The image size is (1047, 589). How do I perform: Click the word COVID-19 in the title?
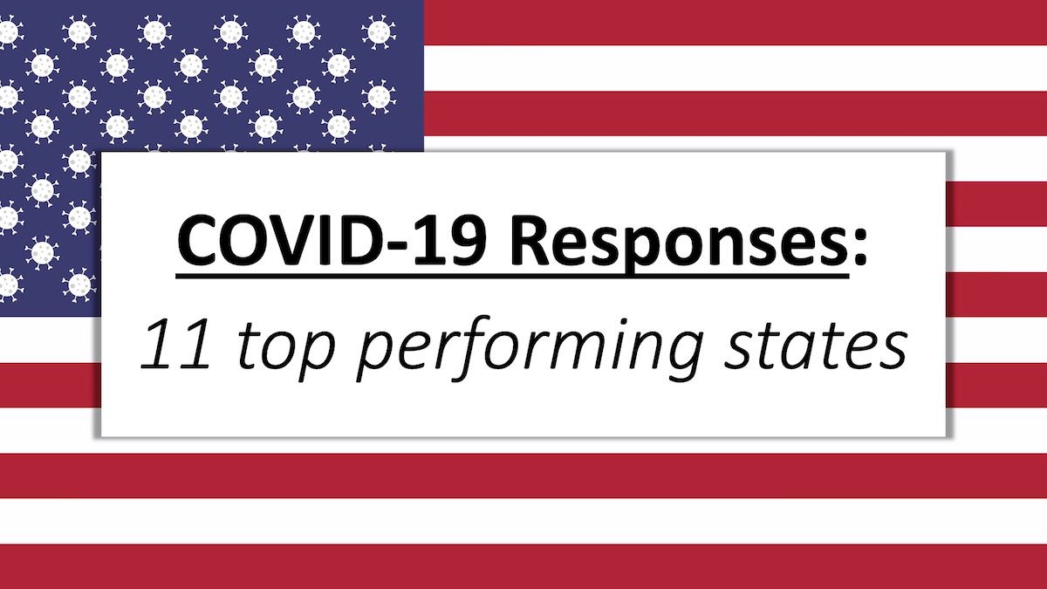332,240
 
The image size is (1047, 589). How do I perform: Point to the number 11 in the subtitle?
176,346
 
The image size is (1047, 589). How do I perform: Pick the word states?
816,346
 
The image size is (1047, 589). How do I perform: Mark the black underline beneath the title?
512,277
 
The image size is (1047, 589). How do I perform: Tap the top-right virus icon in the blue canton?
378,31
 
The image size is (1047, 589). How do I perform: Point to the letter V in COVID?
302,240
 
